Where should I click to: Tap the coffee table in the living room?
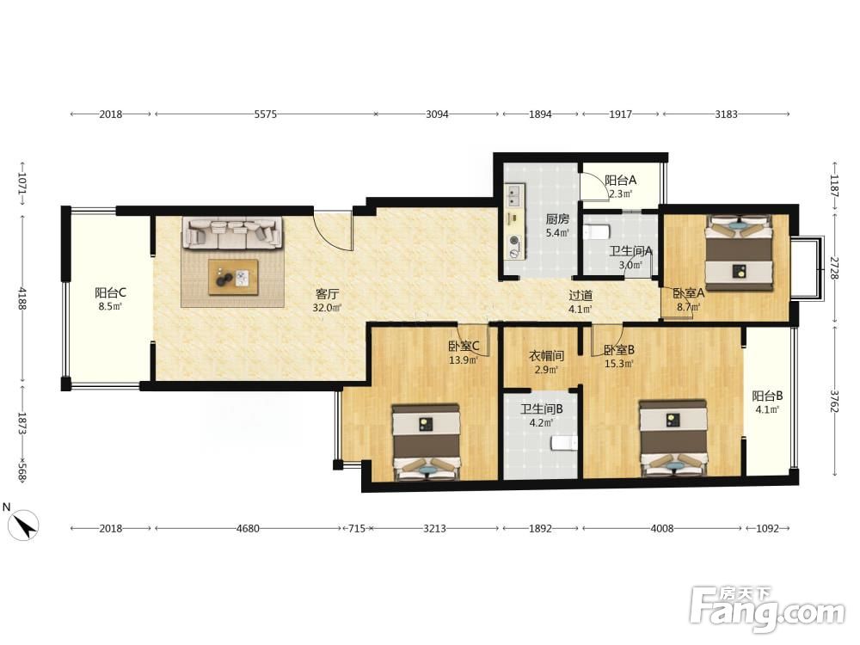coord(233,278)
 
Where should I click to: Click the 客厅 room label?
coord(327,293)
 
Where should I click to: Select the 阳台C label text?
coord(110,292)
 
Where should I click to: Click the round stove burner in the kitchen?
coord(514,240)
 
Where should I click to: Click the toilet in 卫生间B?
coord(564,443)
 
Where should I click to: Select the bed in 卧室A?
coord(740,253)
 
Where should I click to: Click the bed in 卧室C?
coord(427,442)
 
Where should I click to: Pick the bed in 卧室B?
coord(673,438)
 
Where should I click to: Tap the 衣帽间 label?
coord(546,356)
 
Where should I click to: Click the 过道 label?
coord(580,295)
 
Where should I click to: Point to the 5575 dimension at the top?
coord(266,114)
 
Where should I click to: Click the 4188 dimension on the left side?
coord(22,298)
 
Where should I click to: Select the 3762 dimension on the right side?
coord(834,402)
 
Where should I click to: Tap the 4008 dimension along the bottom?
coord(662,528)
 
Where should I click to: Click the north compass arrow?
coord(26,525)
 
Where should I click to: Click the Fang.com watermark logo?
coord(767,610)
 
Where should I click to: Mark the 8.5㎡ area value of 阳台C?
coord(110,307)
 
